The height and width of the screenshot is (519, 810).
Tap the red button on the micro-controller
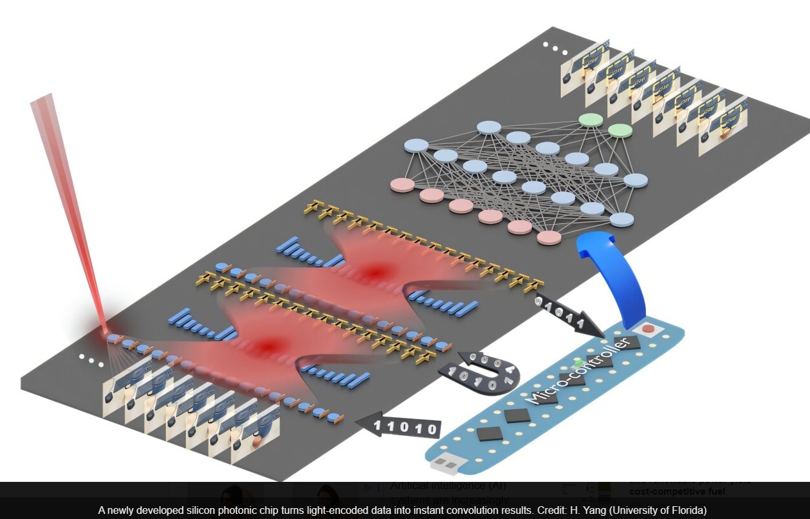(649, 330)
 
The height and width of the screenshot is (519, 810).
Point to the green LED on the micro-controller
(579, 362)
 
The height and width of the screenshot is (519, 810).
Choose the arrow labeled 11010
(397, 427)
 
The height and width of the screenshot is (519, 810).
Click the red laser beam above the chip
(64, 192)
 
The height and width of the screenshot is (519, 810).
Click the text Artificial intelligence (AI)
(448, 486)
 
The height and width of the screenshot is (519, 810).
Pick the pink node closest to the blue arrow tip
(549, 239)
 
